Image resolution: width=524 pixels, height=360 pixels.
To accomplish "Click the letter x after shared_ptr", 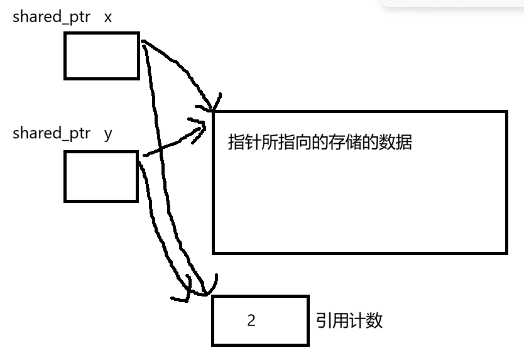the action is [x=107, y=18].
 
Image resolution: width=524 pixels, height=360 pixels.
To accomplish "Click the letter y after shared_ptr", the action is [x=108, y=134].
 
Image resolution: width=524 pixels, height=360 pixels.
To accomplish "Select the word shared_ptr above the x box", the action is [x=52, y=17].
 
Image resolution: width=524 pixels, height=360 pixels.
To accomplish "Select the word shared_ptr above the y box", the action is [x=52, y=133].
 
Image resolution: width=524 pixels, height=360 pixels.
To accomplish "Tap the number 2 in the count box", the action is [x=251, y=320].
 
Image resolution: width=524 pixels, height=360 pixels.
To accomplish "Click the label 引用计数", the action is [x=349, y=320].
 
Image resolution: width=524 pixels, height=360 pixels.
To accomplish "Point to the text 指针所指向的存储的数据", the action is [x=320, y=142].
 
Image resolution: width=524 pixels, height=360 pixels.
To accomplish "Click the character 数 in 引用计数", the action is [x=374, y=320].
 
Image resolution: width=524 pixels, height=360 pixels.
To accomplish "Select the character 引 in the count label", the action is [x=324, y=320].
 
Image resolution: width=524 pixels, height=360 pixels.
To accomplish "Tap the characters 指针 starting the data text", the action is [x=244, y=142].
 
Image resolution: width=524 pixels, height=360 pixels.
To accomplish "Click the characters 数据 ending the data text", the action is [x=395, y=142].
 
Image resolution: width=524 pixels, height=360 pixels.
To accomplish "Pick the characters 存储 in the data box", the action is [x=345, y=142].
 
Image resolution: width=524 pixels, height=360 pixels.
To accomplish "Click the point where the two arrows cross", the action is [x=160, y=149].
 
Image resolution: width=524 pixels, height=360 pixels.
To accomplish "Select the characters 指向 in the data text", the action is [x=295, y=142].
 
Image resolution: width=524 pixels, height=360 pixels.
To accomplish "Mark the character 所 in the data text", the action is [x=270, y=142].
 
